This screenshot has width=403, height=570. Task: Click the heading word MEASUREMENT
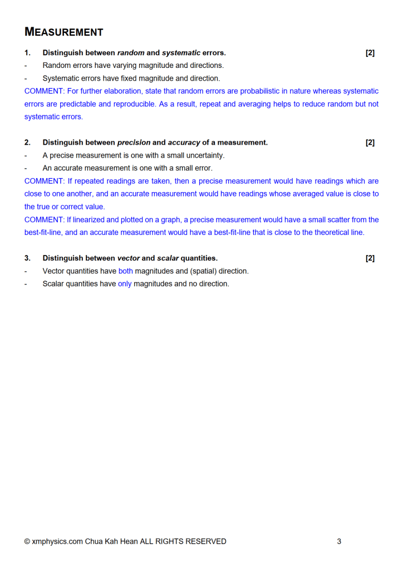coord(64,32)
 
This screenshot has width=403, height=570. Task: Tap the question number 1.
coord(27,53)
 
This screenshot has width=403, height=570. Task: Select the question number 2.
coord(27,142)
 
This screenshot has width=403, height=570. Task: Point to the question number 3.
coord(27,258)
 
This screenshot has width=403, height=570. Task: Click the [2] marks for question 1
coord(370,53)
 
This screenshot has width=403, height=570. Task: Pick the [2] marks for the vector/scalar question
coord(370,258)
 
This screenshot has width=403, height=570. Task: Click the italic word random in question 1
coord(130,53)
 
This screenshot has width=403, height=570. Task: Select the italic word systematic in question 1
coord(181,53)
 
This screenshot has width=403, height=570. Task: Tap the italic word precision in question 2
coord(134,142)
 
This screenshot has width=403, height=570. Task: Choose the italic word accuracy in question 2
coord(184,142)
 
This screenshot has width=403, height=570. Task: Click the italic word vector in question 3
coord(128,258)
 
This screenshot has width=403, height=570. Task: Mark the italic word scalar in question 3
coord(168,258)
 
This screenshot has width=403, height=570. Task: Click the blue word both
coord(125,271)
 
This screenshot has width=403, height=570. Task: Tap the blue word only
coord(125,284)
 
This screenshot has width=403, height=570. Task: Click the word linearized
coord(91,220)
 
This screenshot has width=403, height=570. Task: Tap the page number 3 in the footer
coord(339,541)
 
